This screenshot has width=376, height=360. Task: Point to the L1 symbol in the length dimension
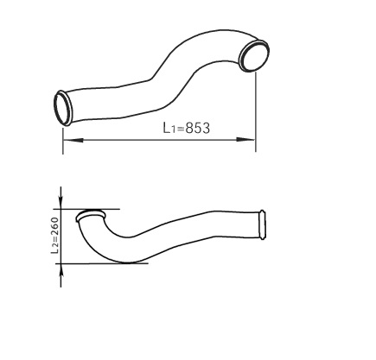[x=168, y=129]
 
